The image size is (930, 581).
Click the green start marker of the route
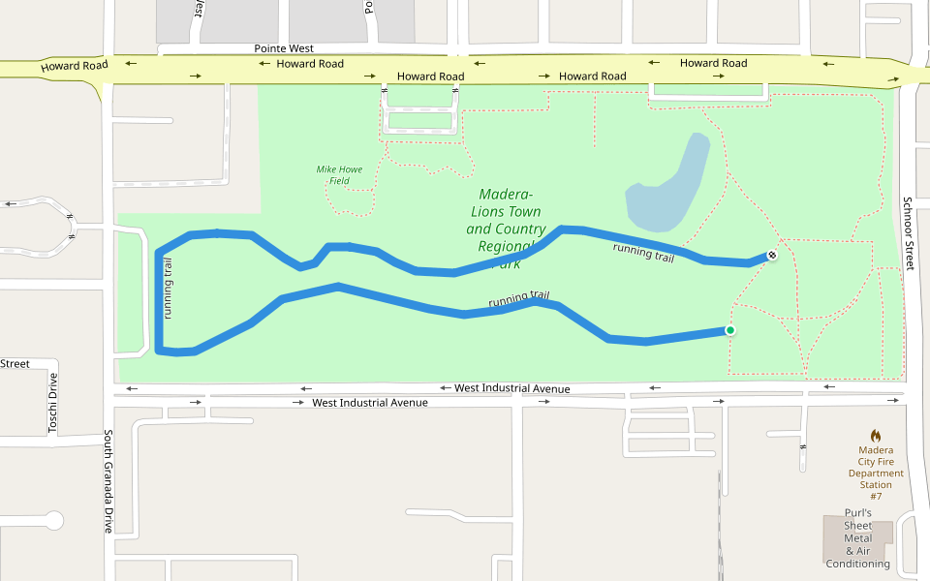click(730, 331)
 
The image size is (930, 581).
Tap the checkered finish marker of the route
click(772, 256)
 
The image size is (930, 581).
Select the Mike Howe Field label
click(339, 175)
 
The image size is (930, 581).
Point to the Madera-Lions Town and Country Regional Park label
click(506, 229)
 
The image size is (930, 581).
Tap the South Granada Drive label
click(108, 481)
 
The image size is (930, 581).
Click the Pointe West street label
click(284, 48)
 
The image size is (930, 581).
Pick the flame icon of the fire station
click(876, 436)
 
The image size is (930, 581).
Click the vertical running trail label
click(169, 289)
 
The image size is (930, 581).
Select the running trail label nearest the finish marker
click(643, 253)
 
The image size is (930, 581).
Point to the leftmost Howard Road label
click(71, 68)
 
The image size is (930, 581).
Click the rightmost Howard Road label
click(713, 63)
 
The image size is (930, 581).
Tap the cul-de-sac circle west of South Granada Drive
click(52, 521)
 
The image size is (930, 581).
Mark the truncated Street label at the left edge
click(15, 364)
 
